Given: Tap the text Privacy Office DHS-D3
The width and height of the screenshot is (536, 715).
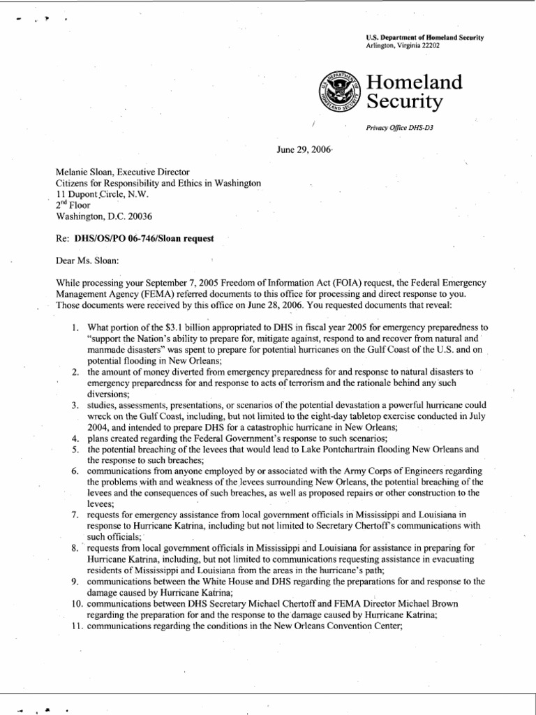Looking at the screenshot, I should click(x=394, y=128).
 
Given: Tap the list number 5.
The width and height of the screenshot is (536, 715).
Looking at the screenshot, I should click(x=75, y=450).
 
